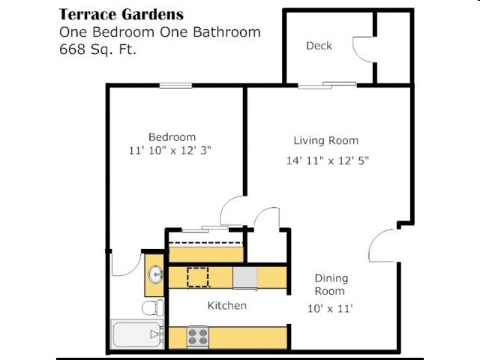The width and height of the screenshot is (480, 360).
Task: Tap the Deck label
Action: click(319, 46)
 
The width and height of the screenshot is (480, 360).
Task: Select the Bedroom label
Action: click(172, 136)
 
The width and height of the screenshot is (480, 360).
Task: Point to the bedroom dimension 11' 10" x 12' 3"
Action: click(170, 150)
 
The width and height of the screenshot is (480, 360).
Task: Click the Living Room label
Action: click(325, 140)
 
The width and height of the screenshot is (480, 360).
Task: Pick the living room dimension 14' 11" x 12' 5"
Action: click(328, 160)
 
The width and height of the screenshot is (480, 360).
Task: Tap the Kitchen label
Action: click(226, 306)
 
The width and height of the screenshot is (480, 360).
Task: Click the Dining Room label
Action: click(330, 285)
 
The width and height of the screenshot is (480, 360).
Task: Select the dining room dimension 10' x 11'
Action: click(330, 307)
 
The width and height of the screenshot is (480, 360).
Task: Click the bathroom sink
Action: click(156, 274)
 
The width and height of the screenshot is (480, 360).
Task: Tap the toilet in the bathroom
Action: click(153, 307)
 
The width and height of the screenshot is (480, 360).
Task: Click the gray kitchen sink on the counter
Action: click(244, 278)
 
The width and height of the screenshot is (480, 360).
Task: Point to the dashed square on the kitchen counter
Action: click(198, 277)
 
